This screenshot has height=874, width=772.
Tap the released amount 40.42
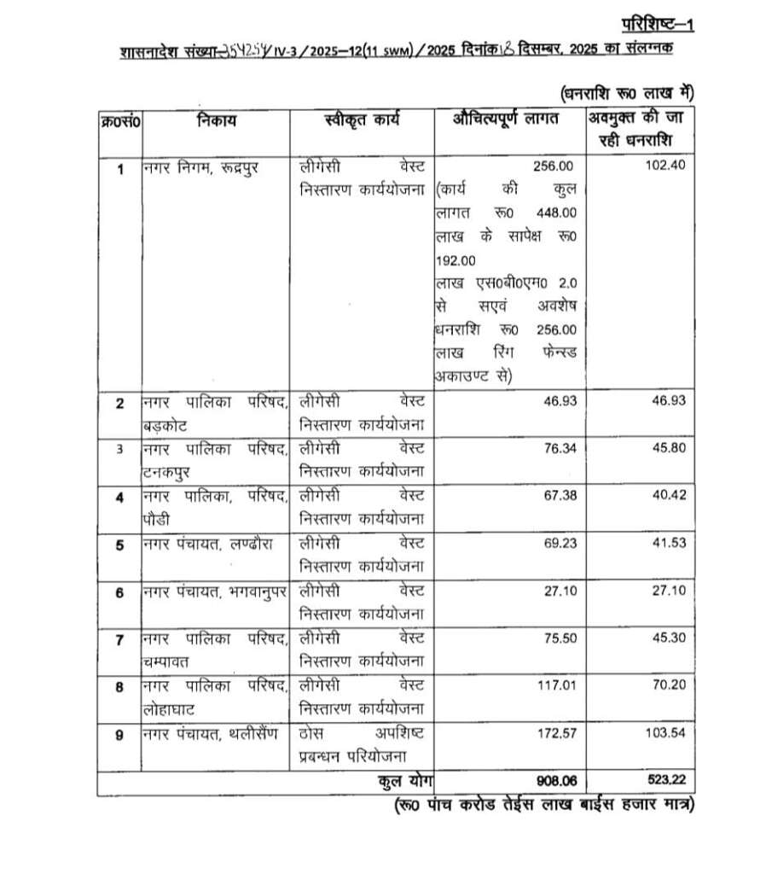tap(669, 495)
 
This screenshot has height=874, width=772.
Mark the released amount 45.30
tap(669, 638)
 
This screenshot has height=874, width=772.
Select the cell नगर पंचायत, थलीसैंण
tap(210, 733)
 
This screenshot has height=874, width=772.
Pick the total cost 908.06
tap(553, 782)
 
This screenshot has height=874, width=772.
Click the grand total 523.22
tap(666, 782)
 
